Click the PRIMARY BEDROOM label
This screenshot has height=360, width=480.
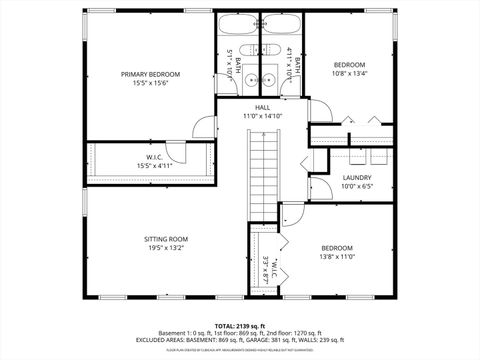tap(150, 74)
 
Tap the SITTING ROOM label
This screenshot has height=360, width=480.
tap(166, 239)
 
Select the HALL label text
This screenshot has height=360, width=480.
tap(262, 107)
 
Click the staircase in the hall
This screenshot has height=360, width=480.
tap(262, 169)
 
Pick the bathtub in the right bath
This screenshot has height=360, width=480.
tap(283, 27)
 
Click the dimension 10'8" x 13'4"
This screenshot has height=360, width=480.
tap(349, 72)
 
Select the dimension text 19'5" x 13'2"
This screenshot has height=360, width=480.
tap(166, 248)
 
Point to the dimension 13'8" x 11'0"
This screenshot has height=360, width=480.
tap(336, 256)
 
